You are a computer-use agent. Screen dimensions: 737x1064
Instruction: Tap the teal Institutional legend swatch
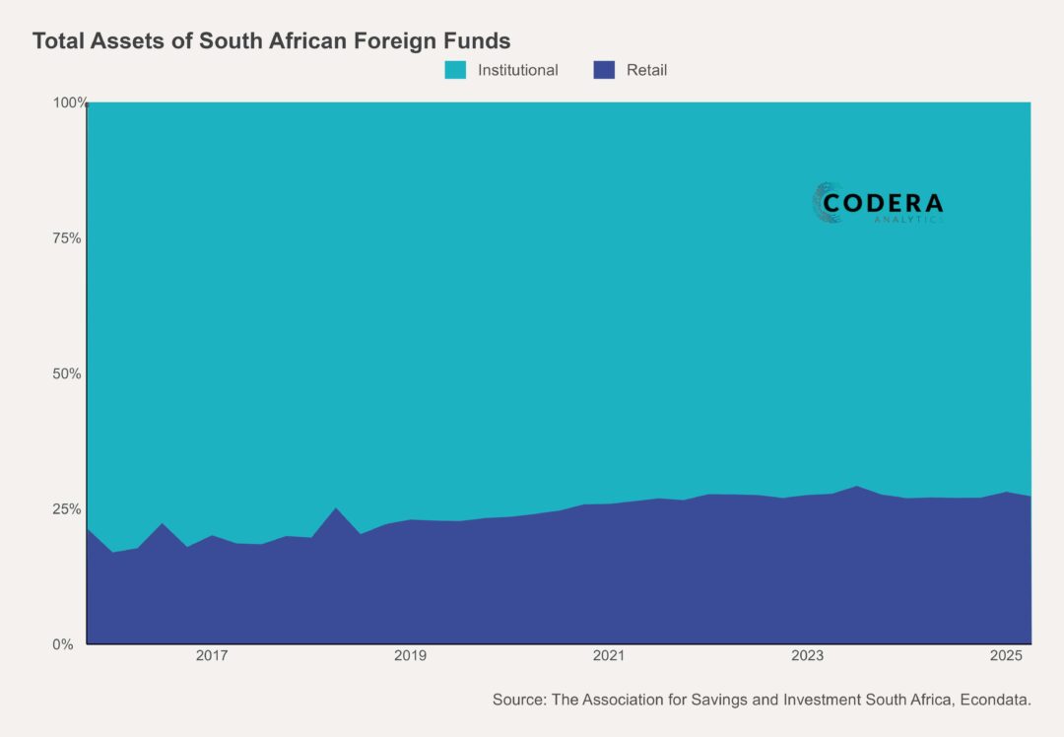click(x=455, y=70)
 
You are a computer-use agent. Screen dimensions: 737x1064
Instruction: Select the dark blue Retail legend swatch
click(x=604, y=70)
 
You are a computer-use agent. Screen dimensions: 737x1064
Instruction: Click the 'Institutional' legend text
click(x=517, y=70)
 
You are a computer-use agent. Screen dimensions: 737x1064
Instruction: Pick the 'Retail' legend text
click(x=646, y=70)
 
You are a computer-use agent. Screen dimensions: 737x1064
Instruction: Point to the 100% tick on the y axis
click(x=69, y=102)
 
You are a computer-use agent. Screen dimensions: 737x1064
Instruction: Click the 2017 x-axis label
click(x=212, y=656)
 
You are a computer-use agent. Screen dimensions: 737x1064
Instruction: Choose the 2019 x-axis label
click(x=410, y=656)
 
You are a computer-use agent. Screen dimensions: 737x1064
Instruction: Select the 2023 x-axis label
click(x=807, y=656)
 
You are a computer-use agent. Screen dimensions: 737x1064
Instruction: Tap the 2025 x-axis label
click(x=1006, y=656)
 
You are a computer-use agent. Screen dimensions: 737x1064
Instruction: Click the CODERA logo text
click(x=883, y=203)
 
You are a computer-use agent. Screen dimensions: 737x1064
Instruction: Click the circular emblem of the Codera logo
click(x=828, y=203)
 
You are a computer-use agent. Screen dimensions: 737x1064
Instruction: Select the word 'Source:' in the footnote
click(x=518, y=700)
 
